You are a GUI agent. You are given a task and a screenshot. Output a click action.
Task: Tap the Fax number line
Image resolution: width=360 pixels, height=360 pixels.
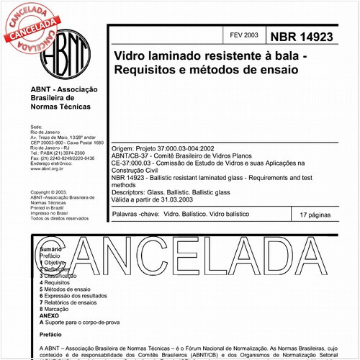(x=61, y=158)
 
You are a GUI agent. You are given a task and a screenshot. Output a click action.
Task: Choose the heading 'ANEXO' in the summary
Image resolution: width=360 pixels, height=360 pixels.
(x=49, y=315)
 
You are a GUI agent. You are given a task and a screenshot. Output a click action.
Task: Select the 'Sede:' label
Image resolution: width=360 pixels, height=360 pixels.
(x=37, y=125)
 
